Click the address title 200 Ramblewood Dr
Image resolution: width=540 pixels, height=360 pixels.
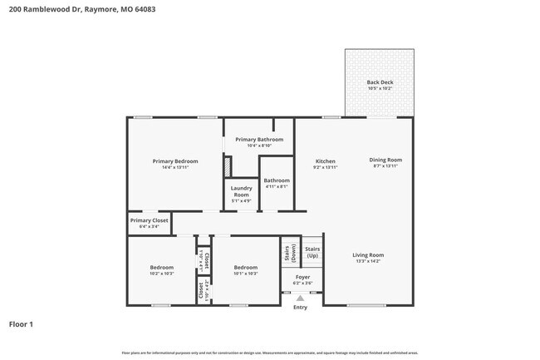(x=81, y=10)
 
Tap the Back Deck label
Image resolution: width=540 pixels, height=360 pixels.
(x=380, y=81)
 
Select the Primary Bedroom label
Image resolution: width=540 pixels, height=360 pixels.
(x=174, y=160)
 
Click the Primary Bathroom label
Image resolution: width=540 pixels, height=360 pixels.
(x=259, y=140)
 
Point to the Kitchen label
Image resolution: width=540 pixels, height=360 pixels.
(x=325, y=160)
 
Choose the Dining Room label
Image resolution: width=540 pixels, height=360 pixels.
(x=385, y=160)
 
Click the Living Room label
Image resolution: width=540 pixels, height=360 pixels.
(x=367, y=255)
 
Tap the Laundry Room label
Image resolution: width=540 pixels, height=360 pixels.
(x=241, y=191)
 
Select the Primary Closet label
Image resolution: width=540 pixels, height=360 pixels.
(x=149, y=220)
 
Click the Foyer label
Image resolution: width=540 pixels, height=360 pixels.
(x=302, y=277)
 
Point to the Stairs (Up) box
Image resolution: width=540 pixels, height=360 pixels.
(x=312, y=251)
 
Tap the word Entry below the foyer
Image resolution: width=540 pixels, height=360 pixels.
(x=300, y=308)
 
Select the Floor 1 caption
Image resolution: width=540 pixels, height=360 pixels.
(x=21, y=323)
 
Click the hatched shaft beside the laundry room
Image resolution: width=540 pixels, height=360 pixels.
(x=227, y=165)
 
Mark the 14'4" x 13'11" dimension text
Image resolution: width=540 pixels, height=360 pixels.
(x=174, y=167)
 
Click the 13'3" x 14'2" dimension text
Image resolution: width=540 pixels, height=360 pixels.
(x=367, y=262)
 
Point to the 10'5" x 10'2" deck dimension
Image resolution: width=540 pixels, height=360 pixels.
(x=380, y=87)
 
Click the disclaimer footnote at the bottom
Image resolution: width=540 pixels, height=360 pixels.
(x=270, y=353)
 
